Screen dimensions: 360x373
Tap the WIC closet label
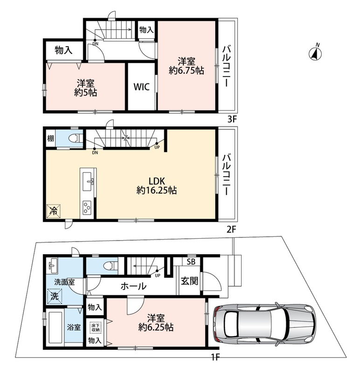[142, 87]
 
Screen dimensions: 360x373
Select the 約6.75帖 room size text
[187, 71]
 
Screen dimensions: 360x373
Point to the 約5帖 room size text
[85, 92]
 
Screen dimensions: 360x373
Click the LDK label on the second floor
[157, 181]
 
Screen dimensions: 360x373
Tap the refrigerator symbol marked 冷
[54, 211]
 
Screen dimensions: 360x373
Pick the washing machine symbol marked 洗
[55, 297]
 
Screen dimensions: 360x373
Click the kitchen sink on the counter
[88, 181]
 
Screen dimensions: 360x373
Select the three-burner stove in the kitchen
[87, 207]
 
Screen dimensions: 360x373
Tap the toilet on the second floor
[75, 138]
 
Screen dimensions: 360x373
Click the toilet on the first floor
[113, 265]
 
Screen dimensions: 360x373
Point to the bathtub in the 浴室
[55, 327]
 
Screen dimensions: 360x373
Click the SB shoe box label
[191, 262]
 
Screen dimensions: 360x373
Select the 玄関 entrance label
[189, 281]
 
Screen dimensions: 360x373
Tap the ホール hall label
[133, 286]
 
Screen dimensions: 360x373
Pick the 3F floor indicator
[232, 119]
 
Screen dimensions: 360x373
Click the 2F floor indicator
[231, 229]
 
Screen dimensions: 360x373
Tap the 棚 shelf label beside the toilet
[50, 138]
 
